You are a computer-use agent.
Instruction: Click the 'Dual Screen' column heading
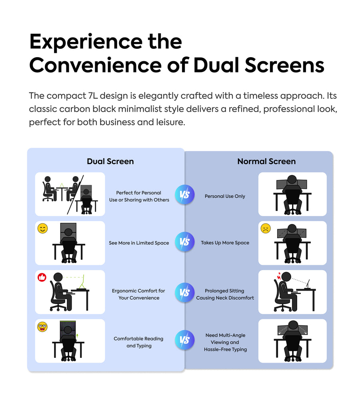click(110, 161)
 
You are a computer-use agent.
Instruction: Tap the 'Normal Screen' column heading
click(266, 161)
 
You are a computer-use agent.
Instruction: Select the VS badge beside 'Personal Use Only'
click(184, 195)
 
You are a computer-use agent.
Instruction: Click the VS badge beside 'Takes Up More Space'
click(184, 242)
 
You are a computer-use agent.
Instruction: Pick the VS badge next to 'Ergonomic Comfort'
click(184, 293)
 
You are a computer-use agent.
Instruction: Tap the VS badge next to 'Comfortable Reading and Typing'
click(184, 340)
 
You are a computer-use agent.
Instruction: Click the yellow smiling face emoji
click(42, 229)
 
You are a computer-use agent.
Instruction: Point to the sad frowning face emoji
click(266, 229)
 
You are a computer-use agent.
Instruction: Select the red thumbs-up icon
click(42, 277)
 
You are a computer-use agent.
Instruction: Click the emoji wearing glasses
click(42, 327)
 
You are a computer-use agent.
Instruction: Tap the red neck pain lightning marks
click(277, 276)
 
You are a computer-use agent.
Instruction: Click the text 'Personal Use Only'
click(225, 196)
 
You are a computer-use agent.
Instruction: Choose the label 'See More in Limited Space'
click(139, 243)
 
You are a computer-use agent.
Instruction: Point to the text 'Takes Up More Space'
click(225, 243)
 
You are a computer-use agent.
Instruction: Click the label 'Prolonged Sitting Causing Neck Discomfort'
click(225, 294)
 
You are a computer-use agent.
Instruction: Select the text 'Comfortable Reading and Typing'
click(138, 342)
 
